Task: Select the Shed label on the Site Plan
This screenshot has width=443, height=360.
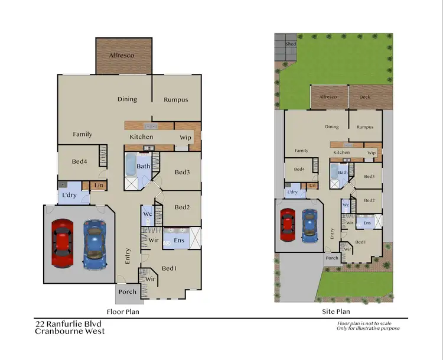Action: pyautogui.click(x=290, y=44)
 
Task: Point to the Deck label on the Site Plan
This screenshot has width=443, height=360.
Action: pyautogui.click(x=364, y=97)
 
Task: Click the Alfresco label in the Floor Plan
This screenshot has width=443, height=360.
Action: pyautogui.click(x=122, y=56)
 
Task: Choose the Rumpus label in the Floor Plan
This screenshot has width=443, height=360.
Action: pyautogui.click(x=175, y=100)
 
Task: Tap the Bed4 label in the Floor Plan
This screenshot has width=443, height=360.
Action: pyautogui.click(x=79, y=161)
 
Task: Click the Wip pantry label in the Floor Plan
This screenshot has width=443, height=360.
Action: pyautogui.click(x=185, y=138)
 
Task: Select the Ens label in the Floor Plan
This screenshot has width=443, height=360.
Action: pyautogui.click(x=179, y=240)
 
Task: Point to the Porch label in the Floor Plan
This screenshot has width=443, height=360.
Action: pyautogui.click(x=128, y=291)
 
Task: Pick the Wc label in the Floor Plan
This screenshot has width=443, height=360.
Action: pyautogui.click(x=148, y=213)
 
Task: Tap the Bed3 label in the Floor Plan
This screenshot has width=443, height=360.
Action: pyautogui.click(x=182, y=172)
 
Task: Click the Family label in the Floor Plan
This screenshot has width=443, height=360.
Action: pyautogui.click(x=83, y=134)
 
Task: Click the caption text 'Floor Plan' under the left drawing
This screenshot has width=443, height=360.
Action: pyautogui.click(x=122, y=311)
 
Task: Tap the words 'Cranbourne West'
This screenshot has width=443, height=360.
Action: pyautogui.click(x=70, y=331)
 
